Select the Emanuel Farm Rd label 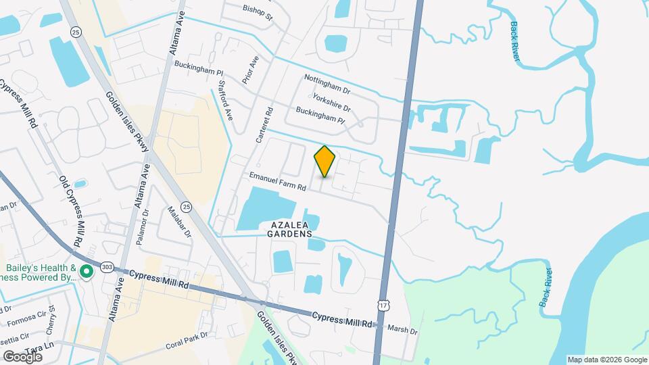(x=277, y=182)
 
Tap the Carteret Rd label (x=264, y=125)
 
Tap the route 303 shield (x=106, y=268)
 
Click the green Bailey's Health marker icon (x=87, y=272)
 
